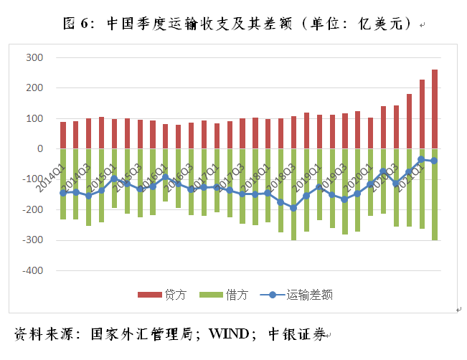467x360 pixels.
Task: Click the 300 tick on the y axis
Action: [34, 57]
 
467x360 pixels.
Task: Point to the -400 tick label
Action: [32, 271]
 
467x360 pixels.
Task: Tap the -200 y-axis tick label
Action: [32, 210]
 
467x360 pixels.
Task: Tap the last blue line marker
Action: [435, 161]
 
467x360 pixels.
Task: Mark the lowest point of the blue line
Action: [293, 208]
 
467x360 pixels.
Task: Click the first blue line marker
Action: [63, 193]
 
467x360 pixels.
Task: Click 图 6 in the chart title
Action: [79, 24]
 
